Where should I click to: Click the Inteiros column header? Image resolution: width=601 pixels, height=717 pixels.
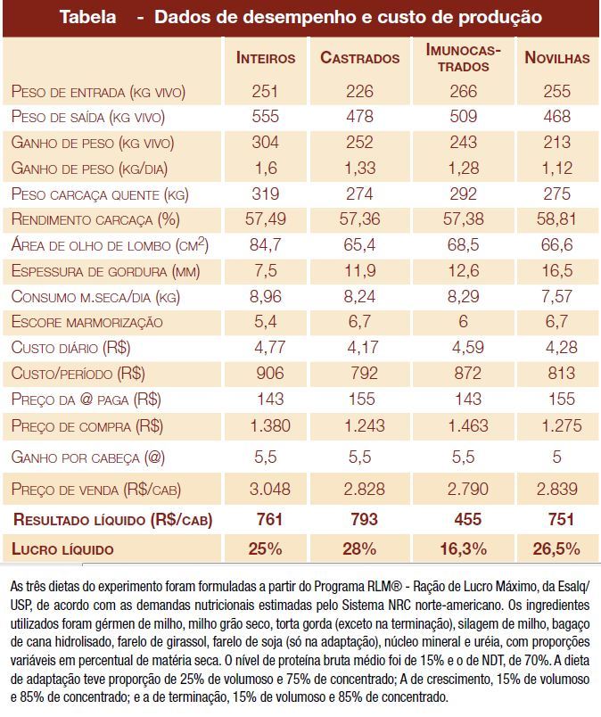[266, 58]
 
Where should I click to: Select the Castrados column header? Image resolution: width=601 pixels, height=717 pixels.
[360, 58]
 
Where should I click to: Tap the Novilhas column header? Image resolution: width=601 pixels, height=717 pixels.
[557, 58]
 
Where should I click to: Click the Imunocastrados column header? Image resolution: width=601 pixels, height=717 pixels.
[463, 58]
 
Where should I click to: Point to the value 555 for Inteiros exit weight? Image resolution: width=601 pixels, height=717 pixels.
[265, 117]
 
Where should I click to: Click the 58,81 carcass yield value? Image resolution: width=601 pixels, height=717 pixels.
[557, 219]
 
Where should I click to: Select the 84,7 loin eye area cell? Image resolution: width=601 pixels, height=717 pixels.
[265, 245]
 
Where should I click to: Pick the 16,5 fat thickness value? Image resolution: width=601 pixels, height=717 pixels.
[557, 271]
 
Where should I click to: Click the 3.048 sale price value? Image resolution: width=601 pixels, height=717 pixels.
[265, 489]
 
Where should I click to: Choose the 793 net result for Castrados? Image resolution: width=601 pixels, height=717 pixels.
[360, 518]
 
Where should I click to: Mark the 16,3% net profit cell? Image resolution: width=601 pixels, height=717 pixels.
[463, 548]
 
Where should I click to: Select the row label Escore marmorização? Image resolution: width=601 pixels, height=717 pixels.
[87, 323]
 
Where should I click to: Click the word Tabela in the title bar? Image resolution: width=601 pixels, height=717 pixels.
[87, 18]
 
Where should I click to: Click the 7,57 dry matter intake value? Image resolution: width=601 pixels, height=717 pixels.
[557, 297]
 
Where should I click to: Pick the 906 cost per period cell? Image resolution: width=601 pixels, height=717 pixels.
[265, 374]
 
